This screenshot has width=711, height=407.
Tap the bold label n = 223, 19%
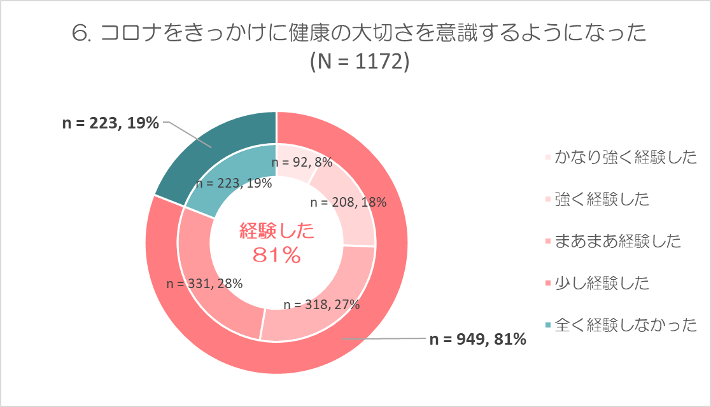[110, 123]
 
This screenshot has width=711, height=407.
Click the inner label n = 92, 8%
[302, 162]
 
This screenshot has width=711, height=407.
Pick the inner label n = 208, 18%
[348, 203]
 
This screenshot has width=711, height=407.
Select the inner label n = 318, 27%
[321, 304]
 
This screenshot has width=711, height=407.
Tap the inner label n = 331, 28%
[204, 284]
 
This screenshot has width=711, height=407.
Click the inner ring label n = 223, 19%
[234, 184]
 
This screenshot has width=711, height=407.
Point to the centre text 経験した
[277, 231]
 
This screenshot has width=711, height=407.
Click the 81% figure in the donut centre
[276, 255]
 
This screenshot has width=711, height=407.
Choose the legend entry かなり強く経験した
[626, 157]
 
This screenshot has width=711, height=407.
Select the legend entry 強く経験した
[602, 199]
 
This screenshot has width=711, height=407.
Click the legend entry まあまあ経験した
[617, 241]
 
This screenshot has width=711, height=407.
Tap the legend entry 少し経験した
[602, 283]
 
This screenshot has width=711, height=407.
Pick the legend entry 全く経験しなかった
[626, 325]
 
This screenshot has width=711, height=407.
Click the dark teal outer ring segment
[204, 149]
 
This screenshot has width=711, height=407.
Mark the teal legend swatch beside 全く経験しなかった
[548, 326]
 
